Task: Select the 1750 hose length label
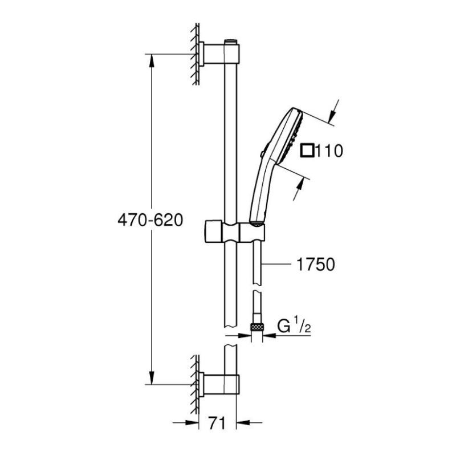pos(313,264)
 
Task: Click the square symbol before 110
pos(307,151)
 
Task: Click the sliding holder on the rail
pos(234,233)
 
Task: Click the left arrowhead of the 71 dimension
pos(194,422)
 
